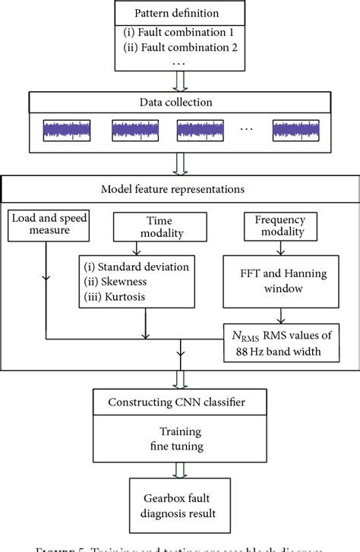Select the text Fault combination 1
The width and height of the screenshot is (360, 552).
[183, 35]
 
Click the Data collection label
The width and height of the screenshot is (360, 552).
[179, 102]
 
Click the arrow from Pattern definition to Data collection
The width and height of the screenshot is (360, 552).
[180, 79]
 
